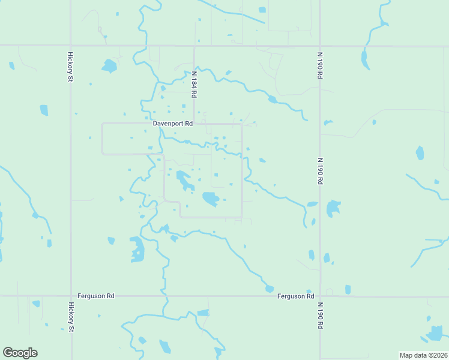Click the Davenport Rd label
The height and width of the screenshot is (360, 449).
[x=172, y=124]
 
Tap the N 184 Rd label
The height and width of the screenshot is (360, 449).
[x=194, y=85]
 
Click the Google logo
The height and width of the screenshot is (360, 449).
[x=20, y=353]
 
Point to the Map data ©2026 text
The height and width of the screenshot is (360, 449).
[x=423, y=355]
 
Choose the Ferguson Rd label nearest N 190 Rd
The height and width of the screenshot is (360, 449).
[x=296, y=296]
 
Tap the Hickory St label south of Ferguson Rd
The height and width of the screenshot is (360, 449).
[x=71, y=316]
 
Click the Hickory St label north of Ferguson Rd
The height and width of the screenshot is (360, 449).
[x=71, y=67]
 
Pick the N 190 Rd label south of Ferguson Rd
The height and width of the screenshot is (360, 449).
[x=320, y=314]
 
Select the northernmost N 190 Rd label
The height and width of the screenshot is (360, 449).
[x=320, y=65]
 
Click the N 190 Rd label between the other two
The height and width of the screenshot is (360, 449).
[x=320, y=171]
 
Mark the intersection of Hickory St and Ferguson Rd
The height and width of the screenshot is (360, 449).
[x=71, y=296]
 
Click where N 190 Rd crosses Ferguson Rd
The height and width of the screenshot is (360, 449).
[x=320, y=296]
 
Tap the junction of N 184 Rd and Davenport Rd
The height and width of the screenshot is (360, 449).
[x=194, y=124]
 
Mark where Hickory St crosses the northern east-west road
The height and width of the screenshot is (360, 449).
[x=71, y=45]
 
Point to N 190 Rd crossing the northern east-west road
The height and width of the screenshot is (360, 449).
[x=320, y=45]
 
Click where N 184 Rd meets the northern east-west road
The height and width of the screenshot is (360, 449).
[x=194, y=45]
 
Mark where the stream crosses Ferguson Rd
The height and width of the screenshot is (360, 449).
[x=163, y=296]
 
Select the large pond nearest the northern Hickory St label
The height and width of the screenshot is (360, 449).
[x=109, y=65]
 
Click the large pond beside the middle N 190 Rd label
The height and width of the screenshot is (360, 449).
[x=333, y=209]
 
